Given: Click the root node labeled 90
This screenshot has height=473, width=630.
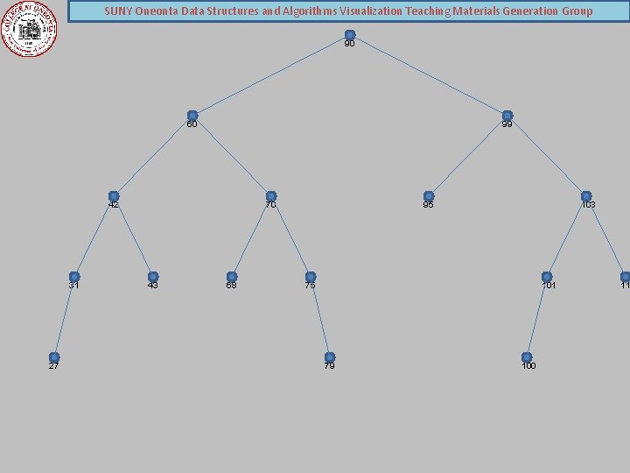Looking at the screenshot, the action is [350, 35].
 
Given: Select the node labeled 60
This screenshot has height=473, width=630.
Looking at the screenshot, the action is [192, 116].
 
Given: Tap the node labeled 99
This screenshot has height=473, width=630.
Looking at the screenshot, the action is [507, 116].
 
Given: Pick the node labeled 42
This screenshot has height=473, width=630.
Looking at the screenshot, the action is [114, 196].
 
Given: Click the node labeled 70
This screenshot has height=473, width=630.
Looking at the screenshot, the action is [271, 196].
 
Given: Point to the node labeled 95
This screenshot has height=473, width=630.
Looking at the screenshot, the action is [429, 196].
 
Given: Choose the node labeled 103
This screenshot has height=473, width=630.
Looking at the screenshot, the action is [586, 196].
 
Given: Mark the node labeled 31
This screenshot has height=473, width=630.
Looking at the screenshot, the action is [74, 277].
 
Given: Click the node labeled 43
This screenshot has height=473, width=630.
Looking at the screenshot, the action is [153, 277].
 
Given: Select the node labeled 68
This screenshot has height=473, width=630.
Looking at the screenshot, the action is [232, 277].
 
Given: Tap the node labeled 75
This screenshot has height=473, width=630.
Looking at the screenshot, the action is [311, 277].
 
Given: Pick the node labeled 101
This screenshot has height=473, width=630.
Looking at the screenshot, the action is [547, 277].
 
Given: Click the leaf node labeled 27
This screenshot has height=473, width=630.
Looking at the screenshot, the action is [54, 357].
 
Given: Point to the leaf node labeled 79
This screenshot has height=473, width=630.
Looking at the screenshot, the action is [330, 357].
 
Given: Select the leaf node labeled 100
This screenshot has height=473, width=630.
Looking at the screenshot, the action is [527, 357].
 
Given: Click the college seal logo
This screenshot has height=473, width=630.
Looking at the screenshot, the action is [29, 28].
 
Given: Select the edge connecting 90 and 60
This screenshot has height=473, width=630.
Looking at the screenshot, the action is [271, 75].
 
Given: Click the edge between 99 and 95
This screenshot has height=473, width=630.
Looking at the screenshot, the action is [468, 156].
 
